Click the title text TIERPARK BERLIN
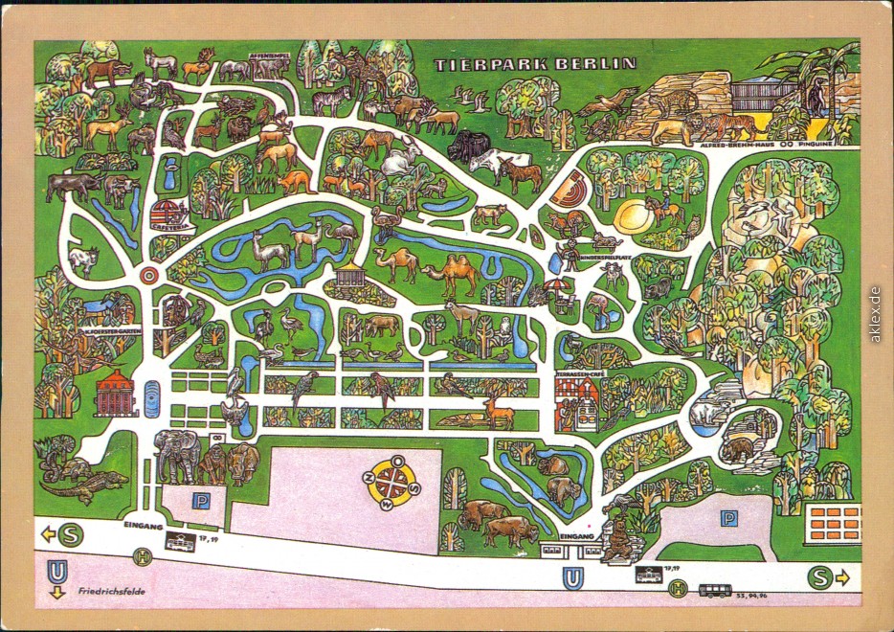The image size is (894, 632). coord(535,64)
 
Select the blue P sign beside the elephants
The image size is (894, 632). coord(200,500)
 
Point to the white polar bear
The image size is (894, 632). coord(707,413)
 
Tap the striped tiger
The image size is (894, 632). coord(733,124)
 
